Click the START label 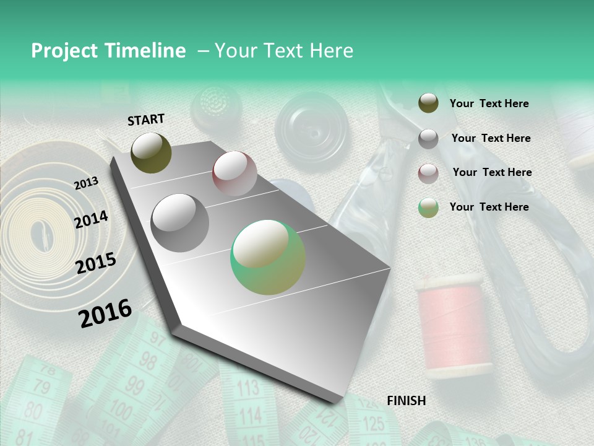click(x=146, y=120)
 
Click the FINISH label click(x=406, y=401)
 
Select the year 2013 click(x=86, y=183)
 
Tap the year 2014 click(x=91, y=220)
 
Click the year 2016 click(x=105, y=313)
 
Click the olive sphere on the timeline click(x=151, y=152)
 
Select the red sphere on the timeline click(x=235, y=173)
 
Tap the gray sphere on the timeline click(x=179, y=222)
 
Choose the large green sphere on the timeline click(x=268, y=257)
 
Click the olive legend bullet click(x=428, y=103)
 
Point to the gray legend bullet click(x=428, y=138)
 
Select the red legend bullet click(x=428, y=173)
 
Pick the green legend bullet click(x=428, y=207)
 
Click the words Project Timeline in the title click(x=108, y=51)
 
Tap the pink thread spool click(x=450, y=325)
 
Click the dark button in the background click(x=311, y=127)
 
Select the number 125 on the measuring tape click(x=372, y=424)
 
